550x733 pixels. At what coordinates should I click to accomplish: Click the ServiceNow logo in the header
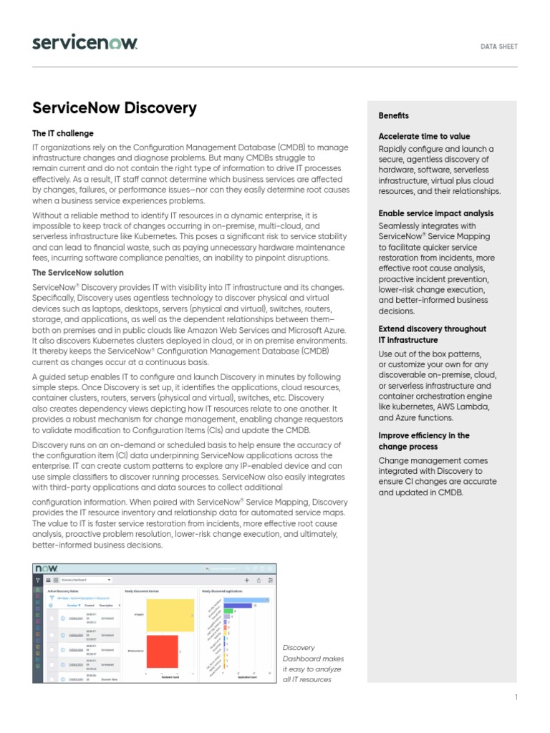coord(85,43)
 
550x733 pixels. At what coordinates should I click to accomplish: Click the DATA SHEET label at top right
coord(498,47)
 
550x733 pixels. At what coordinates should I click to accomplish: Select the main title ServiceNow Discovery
coord(115,108)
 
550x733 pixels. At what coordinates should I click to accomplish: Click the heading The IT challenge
coord(63,133)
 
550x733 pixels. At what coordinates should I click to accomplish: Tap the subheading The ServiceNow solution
coord(78,273)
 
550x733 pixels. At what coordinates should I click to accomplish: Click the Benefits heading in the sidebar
coord(393,116)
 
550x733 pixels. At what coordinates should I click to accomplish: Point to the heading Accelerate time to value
coord(424,136)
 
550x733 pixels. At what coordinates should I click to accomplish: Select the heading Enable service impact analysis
coord(435,213)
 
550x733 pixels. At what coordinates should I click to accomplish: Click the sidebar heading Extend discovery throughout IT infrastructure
coord(432,334)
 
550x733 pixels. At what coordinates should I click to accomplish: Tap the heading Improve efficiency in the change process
coord(424,441)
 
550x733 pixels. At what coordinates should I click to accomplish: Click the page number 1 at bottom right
coord(516,697)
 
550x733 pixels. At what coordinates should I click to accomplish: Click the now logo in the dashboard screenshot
coord(47,568)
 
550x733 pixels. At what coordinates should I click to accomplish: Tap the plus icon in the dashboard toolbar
coord(247,580)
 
